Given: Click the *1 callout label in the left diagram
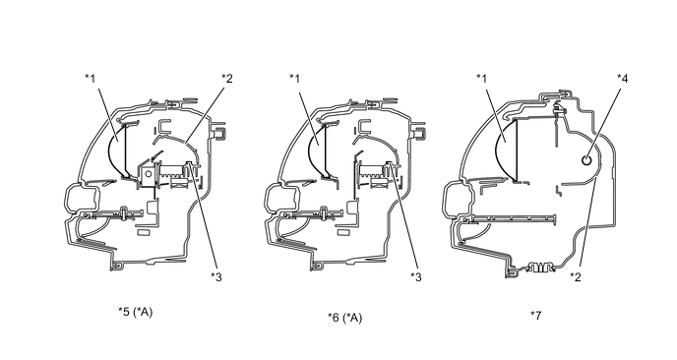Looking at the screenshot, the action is [x=90, y=78].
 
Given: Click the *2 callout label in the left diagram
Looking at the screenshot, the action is [x=227, y=78].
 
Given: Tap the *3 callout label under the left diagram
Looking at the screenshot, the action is [x=216, y=276].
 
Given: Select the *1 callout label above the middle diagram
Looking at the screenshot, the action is [x=294, y=78].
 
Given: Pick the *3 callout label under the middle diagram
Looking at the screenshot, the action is [x=416, y=276].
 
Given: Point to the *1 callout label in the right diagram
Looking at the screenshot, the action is [x=482, y=78].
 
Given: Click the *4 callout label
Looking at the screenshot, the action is [x=623, y=78].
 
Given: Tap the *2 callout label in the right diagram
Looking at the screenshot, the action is [x=576, y=276].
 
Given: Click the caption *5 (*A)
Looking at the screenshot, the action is [x=136, y=312].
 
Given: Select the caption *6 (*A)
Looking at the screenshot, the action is [x=345, y=318].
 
